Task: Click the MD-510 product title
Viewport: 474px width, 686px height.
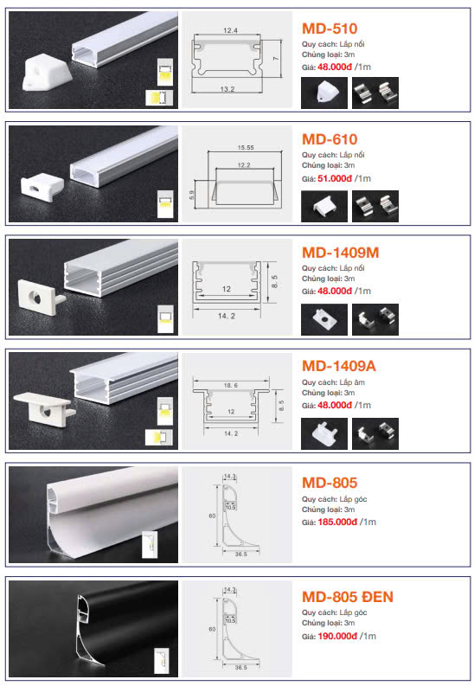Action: (x=330, y=29)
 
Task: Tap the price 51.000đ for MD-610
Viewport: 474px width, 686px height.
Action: (x=335, y=178)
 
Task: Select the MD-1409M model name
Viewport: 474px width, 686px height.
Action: (x=340, y=253)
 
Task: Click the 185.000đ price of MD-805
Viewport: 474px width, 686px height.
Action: (x=337, y=522)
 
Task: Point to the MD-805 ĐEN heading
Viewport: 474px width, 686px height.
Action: (x=348, y=597)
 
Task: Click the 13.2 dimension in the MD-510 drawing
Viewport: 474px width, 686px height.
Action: (x=227, y=89)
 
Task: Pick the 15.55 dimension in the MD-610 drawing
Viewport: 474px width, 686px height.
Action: (x=246, y=147)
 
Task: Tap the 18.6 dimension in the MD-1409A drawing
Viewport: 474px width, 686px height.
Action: (x=230, y=386)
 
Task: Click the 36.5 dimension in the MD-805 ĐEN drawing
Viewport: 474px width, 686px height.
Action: (x=241, y=668)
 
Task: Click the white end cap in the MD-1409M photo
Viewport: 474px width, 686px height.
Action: (x=41, y=298)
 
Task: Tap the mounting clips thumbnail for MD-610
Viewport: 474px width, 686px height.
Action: (x=375, y=206)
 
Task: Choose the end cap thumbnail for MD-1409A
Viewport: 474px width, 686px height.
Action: (x=324, y=433)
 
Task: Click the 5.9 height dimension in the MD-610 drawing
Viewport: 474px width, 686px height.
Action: (x=191, y=196)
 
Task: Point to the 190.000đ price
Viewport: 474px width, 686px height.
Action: (x=337, y=636)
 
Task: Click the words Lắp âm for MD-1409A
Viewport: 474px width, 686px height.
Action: (x=352, y=382)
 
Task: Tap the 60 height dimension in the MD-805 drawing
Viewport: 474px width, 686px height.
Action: (x=212, y=516)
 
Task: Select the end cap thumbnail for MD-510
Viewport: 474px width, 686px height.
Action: (x=324, y=93)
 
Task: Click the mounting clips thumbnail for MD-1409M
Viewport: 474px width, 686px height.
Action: (x=375, y=319)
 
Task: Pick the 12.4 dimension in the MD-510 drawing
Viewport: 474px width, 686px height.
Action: (x=230, y=30)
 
